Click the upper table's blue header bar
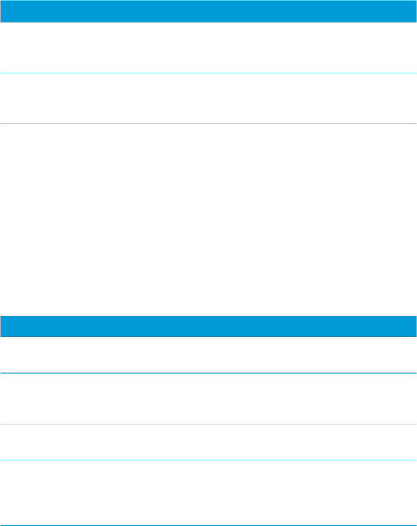point(208,11)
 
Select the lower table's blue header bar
point(208,326)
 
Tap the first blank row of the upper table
point(208,48)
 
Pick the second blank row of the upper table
point(208,98)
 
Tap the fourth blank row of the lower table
point(208,485)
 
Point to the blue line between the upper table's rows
point(208,73)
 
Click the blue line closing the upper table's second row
point(208,124)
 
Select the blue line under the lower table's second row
point(208,423)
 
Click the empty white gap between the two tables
point(208,219)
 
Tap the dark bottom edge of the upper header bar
point(208,22)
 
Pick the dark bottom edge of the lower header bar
point(208,337)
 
